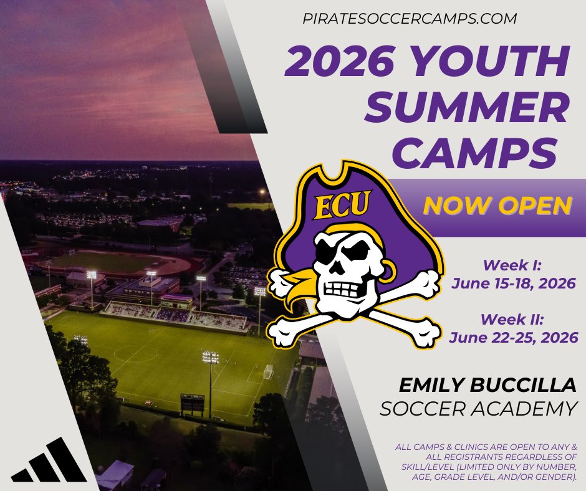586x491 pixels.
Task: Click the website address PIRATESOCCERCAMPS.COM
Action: click(409, 19)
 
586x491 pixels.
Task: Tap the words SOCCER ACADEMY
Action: click(478, 409)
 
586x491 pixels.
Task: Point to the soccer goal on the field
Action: click(269, 372)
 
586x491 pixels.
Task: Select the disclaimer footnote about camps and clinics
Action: click(486, 462)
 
